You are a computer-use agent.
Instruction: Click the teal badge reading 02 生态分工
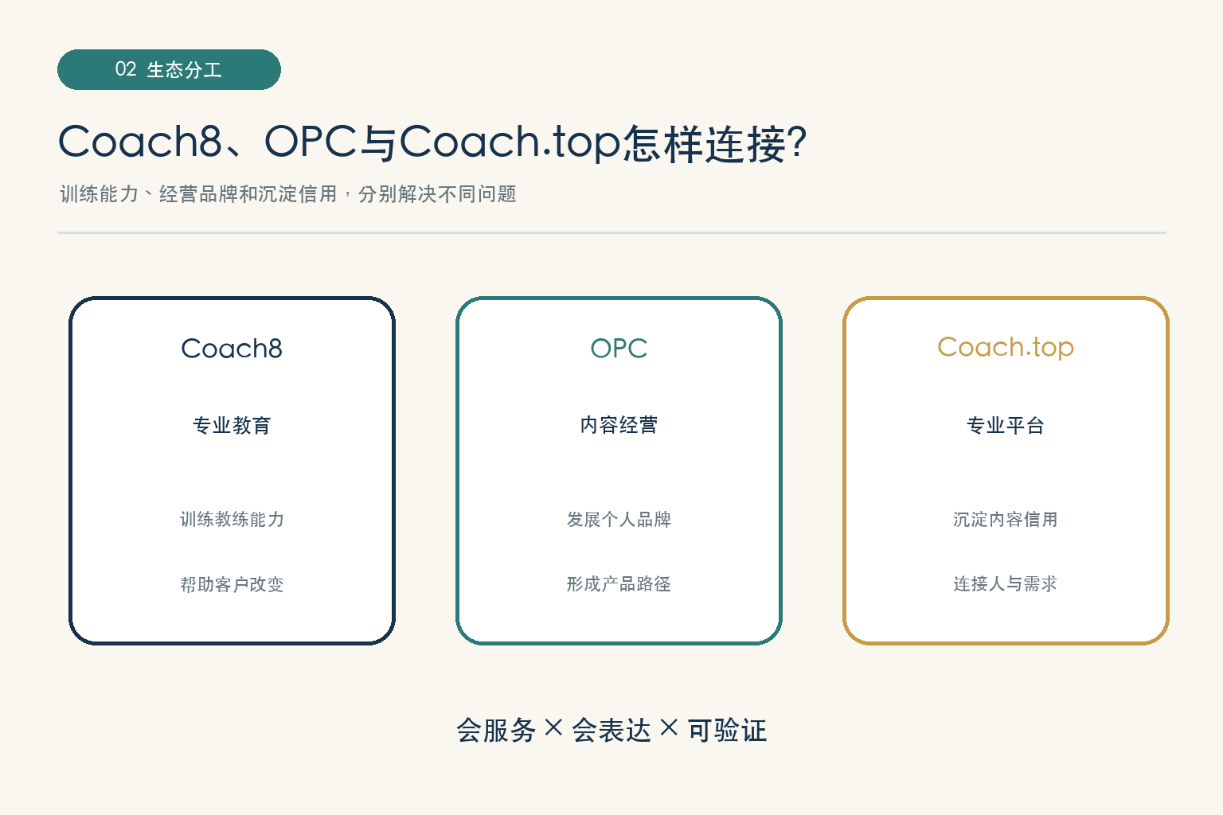coord(170,70)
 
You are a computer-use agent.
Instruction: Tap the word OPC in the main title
coord(310,142)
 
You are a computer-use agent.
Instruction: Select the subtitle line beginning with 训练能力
coord(288,193)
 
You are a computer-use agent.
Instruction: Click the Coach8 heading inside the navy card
coord(232,349)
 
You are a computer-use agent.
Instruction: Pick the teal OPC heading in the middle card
coord(619,349)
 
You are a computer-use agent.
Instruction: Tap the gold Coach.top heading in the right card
coord(1006,347)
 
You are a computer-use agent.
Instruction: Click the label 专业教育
coord(232,425)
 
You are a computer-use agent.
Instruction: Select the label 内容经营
coord(619,425)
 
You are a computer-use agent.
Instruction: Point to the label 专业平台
coord(1006,425)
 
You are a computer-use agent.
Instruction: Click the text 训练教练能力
coord(232,519)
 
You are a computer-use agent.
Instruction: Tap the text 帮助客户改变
coord(232,584)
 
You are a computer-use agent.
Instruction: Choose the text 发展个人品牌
coord(619,519)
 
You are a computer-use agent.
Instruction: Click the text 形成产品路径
coord(619,584)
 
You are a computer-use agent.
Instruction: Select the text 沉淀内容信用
coord(1006,519)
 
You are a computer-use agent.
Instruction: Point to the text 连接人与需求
coord(1006,583)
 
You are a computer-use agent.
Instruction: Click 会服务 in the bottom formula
coord(496,731)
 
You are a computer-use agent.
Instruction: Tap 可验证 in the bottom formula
coord(727,731)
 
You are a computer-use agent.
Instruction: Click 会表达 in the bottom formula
coord(611,731)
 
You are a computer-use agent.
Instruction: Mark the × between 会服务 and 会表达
coord(553,727)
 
